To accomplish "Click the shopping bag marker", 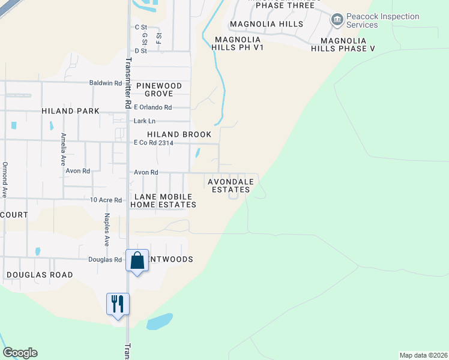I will pos(137,261).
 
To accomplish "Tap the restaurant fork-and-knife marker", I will pos(118,304).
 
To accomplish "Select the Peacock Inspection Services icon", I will pos(337,21).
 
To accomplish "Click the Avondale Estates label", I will pos(231,185).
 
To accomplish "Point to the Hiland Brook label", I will pos(180,134).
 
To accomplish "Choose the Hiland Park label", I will pos(71,111).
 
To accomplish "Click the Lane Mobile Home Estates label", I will pos(164,200).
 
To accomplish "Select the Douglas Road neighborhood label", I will pos(40,275).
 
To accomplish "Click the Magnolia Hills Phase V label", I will pos(348,44).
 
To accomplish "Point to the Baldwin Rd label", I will pos(105,83).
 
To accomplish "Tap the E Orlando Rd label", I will pos(153,107).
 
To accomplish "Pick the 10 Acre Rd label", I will pos(106,200).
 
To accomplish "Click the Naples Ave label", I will pos(107,230).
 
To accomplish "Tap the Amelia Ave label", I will pos(62,149).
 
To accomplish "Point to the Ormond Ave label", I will pos(4,180).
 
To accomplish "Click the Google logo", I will pos(20,353).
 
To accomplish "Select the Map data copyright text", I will pos(423,355).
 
